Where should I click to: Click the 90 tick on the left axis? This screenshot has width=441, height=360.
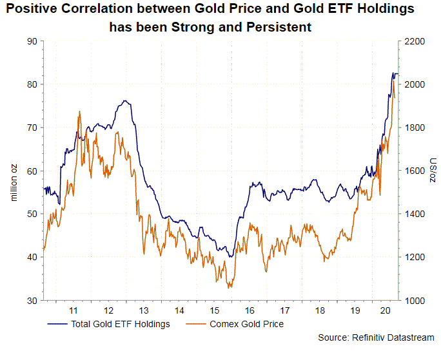click(x=31, y=41)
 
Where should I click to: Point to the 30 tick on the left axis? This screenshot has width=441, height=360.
click(x=31, y=300)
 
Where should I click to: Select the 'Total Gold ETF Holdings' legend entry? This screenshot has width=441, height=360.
click(x=121, y=324)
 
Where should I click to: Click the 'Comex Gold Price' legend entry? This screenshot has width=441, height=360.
click(x=246, y=324)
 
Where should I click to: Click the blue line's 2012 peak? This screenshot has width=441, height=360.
click(x=124, y=101)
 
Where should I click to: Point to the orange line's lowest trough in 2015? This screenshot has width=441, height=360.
click(x=230, y=287)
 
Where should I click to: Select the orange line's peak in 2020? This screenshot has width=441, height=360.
click(x=393, y=81)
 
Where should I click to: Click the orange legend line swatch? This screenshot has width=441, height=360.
click(x=196, y=324)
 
